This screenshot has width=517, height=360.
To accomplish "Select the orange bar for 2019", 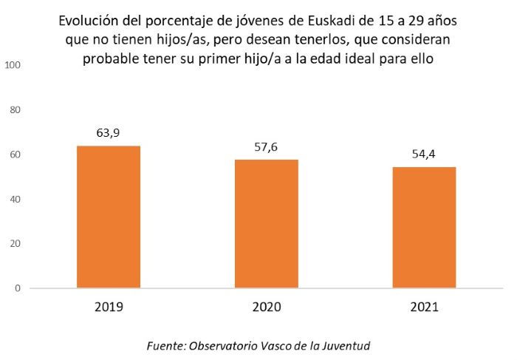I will click(x=108, y=217).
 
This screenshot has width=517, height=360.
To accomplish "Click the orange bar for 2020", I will click(x=266, y=223).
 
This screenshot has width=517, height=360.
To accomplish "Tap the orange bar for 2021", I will click(x=424, y=227).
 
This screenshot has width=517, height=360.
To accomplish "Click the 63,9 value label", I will click(x=108, y=134).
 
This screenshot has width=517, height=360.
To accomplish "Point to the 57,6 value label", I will click(x=266, y=148).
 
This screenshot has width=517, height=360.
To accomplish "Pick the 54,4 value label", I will click(x=424, y=155).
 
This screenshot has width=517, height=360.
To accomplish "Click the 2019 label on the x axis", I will click(x=108, y=307).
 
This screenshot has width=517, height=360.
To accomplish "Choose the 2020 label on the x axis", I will click(x=266, y=307).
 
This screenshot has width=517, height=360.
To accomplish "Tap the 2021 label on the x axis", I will click(x=424, y=307).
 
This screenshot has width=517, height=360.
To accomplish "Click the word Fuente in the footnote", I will click(x=166, y=344).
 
